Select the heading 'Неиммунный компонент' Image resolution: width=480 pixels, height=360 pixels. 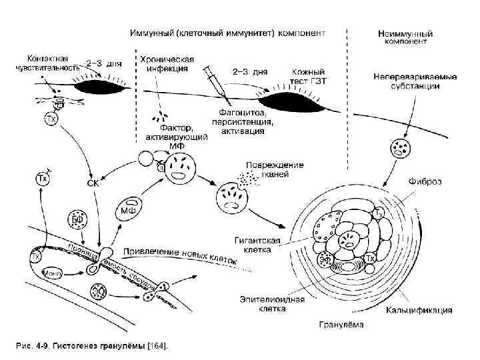click(405, 37)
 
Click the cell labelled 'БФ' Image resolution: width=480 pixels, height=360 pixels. click(77, 219)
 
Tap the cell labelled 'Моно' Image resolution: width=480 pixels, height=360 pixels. click(52, 273)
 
